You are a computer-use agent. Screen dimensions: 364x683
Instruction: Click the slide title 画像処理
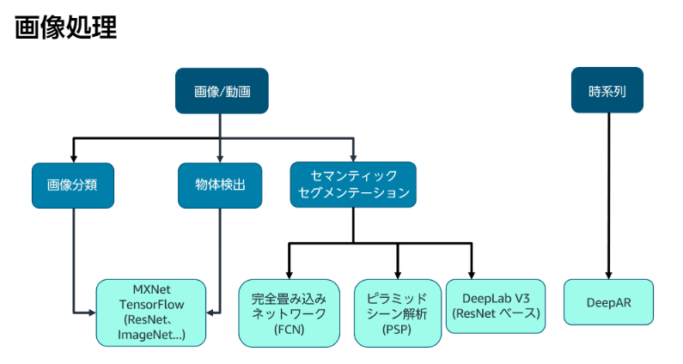pyautogui.click(x=65, y=27)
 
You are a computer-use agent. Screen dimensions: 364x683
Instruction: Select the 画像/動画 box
pyautogui.click(x=221, y=91)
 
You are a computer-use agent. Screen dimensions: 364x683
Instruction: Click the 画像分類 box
pyautogui.click(x=73, y=185)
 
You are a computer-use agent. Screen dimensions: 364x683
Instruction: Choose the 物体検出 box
pyautogui.click(x=220, y=185)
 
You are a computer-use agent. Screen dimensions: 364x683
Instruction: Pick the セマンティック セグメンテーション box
pyautogui.click(x=353, y=185)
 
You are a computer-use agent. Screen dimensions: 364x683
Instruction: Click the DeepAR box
pyautogui.click(x=608, y=302)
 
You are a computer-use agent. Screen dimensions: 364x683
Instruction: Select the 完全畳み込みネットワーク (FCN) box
pyautogui.click(x=288, y=312)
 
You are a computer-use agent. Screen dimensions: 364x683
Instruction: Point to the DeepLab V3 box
pyautogui.click(x=496, y=305)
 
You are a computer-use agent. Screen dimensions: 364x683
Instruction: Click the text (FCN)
pyautogui.click(x=288, y=329)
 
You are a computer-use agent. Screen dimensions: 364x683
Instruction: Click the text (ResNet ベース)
pyautogui.click(x=496, y=313)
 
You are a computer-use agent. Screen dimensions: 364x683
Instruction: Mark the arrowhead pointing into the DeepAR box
pyautogui.click(x=608, y=273)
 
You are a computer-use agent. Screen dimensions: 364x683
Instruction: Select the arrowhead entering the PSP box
pyautogui.click(x=397, y=273)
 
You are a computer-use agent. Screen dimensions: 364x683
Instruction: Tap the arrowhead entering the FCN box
pyautogui.click(x=288, y=273)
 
